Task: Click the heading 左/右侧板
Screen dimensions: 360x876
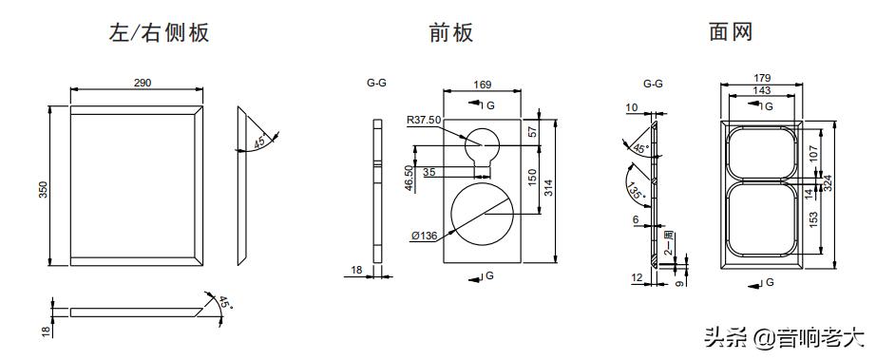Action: tap(158, 33)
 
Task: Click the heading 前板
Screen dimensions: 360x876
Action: tap(450, 33)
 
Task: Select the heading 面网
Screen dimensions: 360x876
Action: tap(731, 32)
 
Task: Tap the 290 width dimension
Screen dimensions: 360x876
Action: tap(142, 84)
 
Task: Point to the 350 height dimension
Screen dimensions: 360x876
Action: tap(43, 190)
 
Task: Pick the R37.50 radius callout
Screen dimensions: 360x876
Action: tap(423, 121)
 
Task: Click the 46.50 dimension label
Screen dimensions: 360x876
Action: tap(409, 179)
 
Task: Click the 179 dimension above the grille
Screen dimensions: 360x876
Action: tap(761, 78)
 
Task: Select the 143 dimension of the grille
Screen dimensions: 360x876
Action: tap(761, 90)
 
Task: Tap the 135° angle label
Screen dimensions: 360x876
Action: tap(636, 190)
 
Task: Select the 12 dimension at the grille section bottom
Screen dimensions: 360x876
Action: tap(638, 276)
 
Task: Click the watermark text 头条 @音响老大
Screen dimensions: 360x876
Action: tap(784, 336)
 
